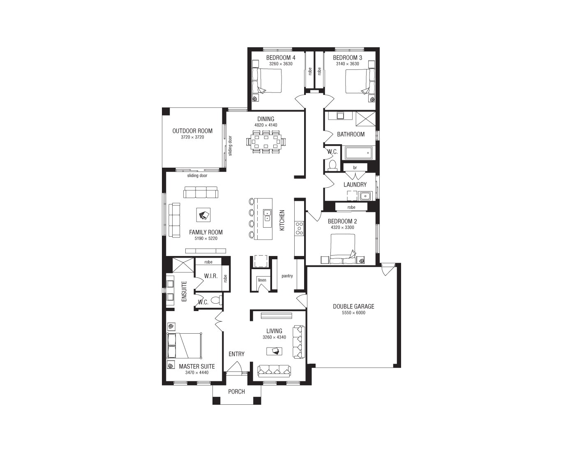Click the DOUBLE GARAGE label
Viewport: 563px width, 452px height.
(x=353, y=307)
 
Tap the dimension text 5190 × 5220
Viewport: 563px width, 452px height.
(x=206, y=239)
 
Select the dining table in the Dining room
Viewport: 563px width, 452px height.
(x=265, y=142)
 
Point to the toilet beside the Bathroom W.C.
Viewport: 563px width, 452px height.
(x=332, y=165)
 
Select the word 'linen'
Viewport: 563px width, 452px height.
(x=262, y=280)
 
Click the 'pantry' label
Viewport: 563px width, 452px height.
(x=287, y=276)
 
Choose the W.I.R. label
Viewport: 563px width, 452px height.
(x=211, y=276)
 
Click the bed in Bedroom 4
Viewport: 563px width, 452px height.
(x=270, y=81)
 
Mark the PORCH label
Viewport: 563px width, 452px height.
(x=236, y=392)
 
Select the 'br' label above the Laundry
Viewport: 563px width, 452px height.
(x=355, y=168)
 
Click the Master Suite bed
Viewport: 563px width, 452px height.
(x=185, y=346)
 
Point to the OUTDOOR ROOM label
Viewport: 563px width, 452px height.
(x=192, y=131)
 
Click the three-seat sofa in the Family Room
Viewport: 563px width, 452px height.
(x=201, y=192)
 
